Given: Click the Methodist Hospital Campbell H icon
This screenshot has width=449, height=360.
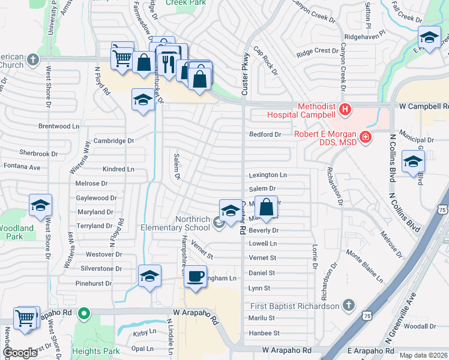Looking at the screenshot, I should tap(345, 109).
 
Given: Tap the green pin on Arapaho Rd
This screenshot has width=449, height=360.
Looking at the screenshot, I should tap(85, 313).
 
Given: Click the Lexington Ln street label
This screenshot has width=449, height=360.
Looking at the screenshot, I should tap(268, 175).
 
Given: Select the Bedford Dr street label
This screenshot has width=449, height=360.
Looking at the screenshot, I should tap(265, 134).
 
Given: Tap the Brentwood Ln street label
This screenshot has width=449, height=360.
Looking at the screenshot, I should tap(59, 127).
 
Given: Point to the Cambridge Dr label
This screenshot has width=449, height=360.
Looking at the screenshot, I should tap(113, 141).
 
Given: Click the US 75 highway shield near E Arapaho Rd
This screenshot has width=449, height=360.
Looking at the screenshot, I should tap(367, 314).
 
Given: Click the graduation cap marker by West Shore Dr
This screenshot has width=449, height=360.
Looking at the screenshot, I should tap(40, 205).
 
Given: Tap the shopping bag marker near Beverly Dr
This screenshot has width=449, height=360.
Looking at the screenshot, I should tap(267, 208).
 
